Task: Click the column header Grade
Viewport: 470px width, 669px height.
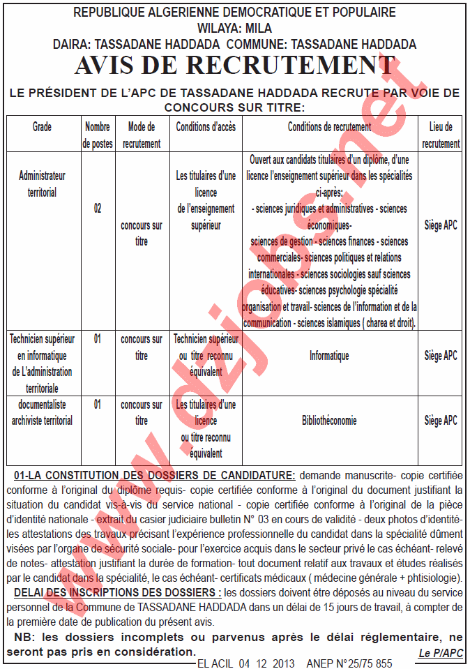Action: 42,128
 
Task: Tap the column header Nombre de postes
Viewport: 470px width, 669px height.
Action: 98,135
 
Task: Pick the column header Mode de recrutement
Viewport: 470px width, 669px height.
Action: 142,135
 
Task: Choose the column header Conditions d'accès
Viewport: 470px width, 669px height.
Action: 206,128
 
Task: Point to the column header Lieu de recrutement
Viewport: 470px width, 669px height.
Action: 441,135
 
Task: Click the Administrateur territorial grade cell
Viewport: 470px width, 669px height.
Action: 42,184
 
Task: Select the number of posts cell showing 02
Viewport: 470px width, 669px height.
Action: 98,209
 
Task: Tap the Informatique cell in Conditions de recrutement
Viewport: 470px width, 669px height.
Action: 329,356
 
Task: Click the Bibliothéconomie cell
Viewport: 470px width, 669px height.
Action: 329,421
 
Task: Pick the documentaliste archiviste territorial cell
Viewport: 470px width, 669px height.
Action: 42,412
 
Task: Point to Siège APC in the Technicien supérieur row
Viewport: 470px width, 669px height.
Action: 441,356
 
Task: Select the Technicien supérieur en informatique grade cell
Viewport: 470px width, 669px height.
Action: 42,363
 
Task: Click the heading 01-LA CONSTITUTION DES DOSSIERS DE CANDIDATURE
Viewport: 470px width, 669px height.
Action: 154,476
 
